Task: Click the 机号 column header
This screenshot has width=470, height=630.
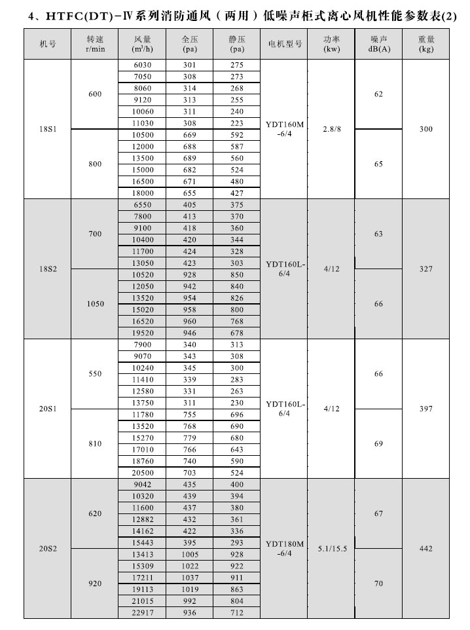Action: [46, 45]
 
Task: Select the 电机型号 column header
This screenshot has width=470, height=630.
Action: [285, 45]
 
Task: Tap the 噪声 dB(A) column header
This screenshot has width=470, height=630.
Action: [378, 45]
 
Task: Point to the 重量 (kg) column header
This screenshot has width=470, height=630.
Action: [426, 45]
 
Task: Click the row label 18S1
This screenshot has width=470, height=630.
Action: [46, 130]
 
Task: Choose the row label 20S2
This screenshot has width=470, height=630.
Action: [46, 548]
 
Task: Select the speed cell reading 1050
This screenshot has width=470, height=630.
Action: [95, 304]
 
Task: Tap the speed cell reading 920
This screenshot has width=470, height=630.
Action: [95, 584]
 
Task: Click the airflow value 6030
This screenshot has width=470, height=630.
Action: [142, 65]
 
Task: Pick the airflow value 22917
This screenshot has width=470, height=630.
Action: [142, 612]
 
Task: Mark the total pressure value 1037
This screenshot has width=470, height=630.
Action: [190, 577]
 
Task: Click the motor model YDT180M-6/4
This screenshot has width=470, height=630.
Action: [285, 548]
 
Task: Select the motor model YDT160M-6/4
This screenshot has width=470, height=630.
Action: [285, 130]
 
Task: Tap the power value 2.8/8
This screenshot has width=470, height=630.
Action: [331, 130]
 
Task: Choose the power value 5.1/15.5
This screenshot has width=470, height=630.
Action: [331, 548]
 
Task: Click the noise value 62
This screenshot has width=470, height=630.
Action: [378, 94]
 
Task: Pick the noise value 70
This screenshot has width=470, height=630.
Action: [378, 584]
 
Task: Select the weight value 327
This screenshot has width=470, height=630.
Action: [426, 269]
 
